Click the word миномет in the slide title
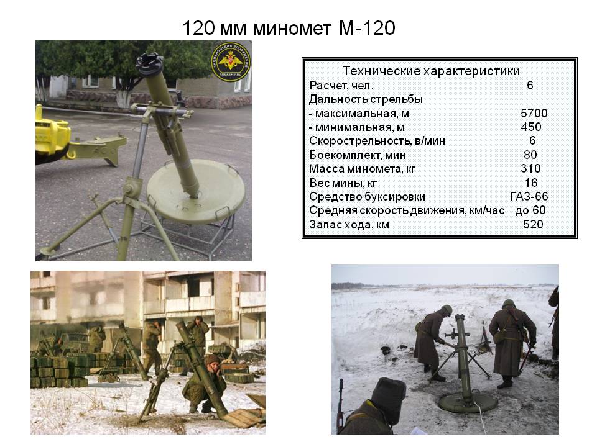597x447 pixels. tap(292, 28)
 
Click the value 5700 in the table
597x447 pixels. tap(534, 113)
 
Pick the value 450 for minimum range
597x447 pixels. tap(531, 127)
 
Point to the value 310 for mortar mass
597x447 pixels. tap(530, 168)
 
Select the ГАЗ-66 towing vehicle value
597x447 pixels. tap(529, 196)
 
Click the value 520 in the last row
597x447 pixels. tap(533, 224)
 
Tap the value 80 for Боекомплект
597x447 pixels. tap(530, 155)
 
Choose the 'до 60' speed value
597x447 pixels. tap(530, 210)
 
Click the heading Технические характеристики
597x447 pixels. tap(431, 71)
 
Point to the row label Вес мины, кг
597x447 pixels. tap(343, 183)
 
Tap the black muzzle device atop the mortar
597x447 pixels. tap(150, 63)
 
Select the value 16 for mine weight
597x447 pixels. tap(531, 183)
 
